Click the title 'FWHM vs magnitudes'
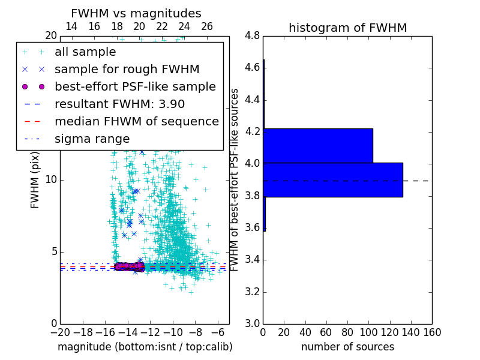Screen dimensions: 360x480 [136, 13]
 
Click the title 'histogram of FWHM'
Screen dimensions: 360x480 [347, 28]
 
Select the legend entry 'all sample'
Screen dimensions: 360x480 [85, 52]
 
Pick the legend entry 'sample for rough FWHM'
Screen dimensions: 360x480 [127, 70]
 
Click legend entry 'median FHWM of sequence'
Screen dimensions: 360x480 [136, 122]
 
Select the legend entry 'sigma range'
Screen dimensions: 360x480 [92, 139]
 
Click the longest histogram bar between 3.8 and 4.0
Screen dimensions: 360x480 [333, 179]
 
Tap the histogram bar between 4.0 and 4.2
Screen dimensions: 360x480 [318, 146]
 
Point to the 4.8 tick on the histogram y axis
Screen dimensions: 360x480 [252, 36]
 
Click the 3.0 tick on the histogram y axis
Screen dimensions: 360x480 [252, 323]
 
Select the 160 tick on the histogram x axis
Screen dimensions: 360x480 [432, 332]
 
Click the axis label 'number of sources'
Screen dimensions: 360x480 [347, 347]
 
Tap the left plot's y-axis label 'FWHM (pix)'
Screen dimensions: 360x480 [35, 179]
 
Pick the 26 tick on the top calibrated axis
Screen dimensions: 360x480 [207, 26]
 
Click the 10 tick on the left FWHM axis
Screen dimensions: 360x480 [51, 179]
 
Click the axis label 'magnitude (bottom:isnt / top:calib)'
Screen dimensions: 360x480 [145, 347]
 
